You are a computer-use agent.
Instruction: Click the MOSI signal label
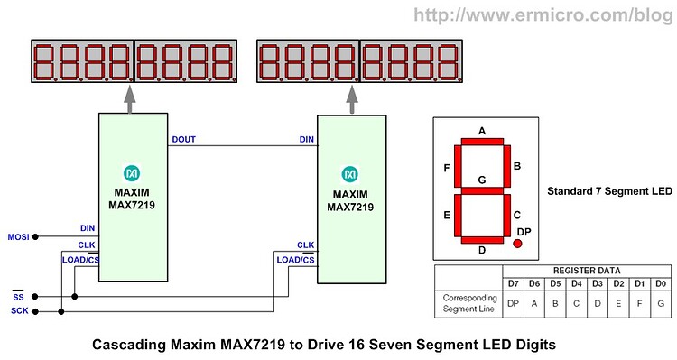point(18,236)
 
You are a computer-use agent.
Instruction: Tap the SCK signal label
point(18,311)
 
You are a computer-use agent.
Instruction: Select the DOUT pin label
point(183,139)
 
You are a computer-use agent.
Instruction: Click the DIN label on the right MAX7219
point(306,139)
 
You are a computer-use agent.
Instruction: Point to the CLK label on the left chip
point(87,245)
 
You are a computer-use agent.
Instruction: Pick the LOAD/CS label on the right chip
point(295,260)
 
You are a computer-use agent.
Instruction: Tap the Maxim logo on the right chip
point(350,172)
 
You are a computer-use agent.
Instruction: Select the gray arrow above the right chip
point(350,99)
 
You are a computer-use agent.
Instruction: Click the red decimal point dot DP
point(518,244)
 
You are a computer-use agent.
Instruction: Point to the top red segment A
point(482,142)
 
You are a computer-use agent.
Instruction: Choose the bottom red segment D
point(482,238)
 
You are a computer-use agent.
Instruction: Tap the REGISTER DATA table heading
point(587,271)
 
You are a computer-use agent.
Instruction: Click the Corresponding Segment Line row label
point(468,302)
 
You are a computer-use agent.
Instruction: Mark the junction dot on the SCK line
point(60,312)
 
